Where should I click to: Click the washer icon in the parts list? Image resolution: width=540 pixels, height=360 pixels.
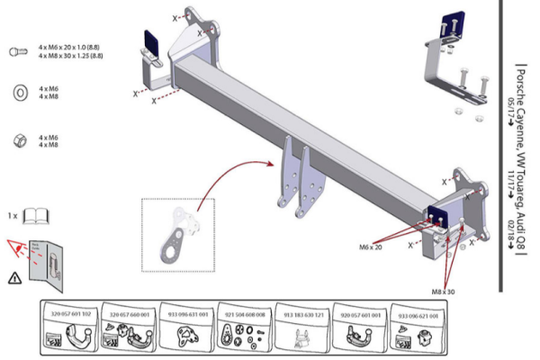(x=19, y=91)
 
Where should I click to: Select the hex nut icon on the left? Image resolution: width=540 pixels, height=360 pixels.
(x=19, y=140)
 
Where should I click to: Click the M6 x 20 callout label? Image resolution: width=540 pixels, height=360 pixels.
(x=372, y=245)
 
